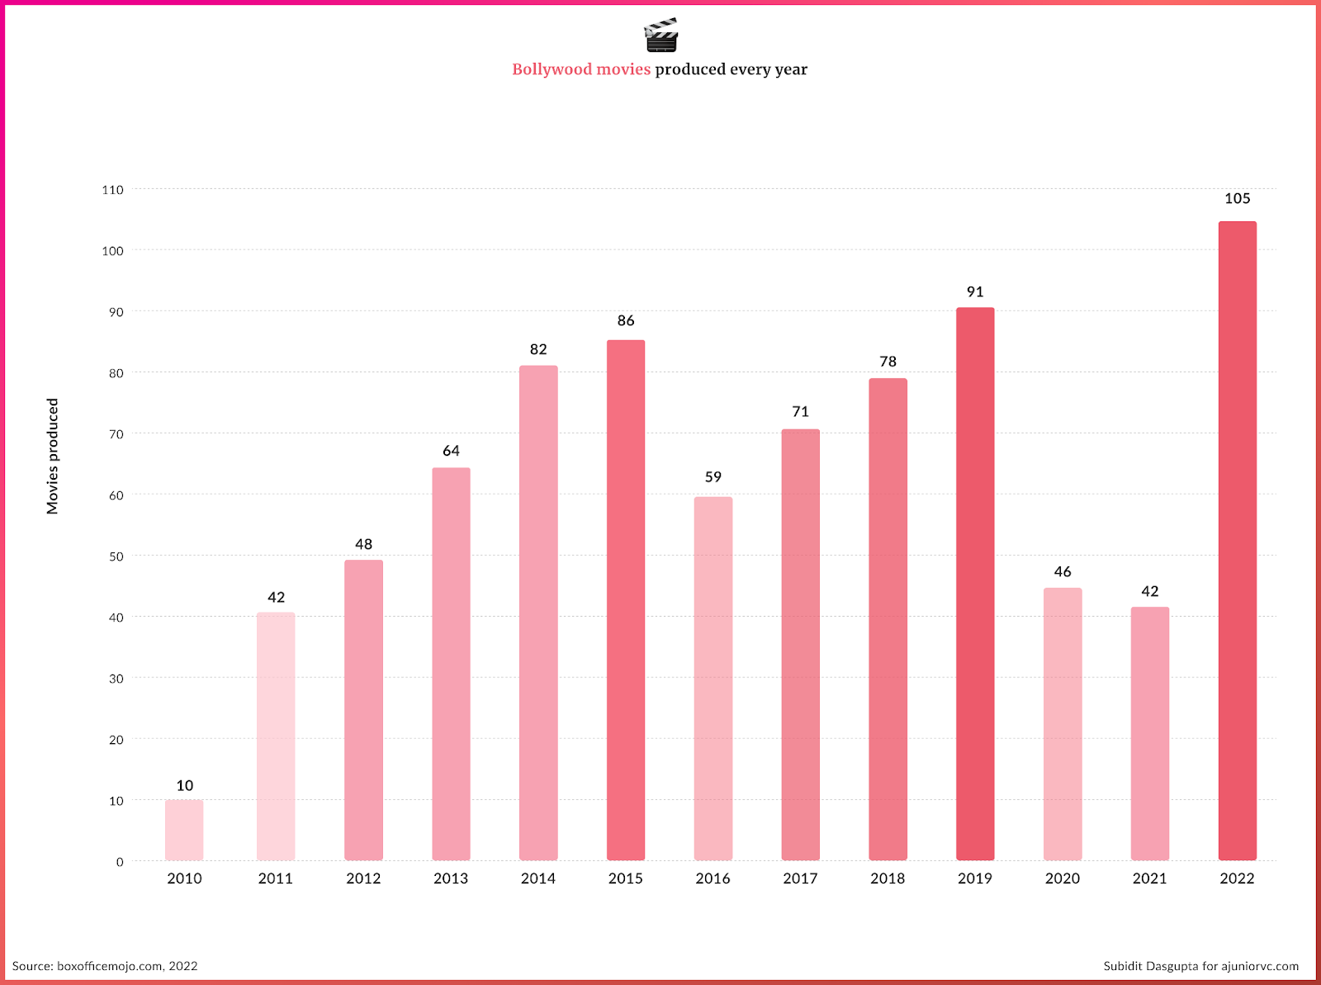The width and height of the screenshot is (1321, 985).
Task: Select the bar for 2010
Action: coord(184,830)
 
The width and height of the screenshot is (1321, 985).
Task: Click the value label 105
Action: coord(1237,199)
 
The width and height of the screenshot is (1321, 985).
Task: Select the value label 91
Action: coord(975,292)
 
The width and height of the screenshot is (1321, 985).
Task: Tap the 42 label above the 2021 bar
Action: coord(1149,592)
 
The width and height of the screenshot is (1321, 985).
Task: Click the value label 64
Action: coord(451,451)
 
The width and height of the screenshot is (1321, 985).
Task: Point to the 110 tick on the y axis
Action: coord(113,190)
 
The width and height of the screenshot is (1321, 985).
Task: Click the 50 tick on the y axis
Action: coord(115,556)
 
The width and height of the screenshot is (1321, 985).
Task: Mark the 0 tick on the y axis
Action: coord(120,862)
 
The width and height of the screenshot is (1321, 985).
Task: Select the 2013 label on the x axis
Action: coord(451,878)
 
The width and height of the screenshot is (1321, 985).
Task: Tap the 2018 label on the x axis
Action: coord(888,878)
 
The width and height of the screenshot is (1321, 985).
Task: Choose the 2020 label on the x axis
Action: coord(1062,878)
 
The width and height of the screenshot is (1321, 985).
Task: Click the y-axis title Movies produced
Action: coord(53,457)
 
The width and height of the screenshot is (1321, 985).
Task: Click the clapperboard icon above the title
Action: coord(660,35)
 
